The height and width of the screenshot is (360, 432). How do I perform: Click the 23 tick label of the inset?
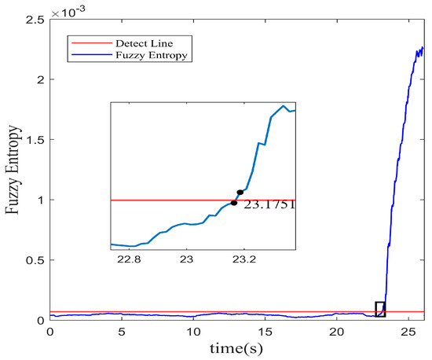click(187, 259)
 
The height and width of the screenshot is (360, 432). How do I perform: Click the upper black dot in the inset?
click(240, 192)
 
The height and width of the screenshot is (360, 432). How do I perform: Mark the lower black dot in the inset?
click(234, 203)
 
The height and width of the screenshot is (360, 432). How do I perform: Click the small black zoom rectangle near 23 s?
click(380, 309)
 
